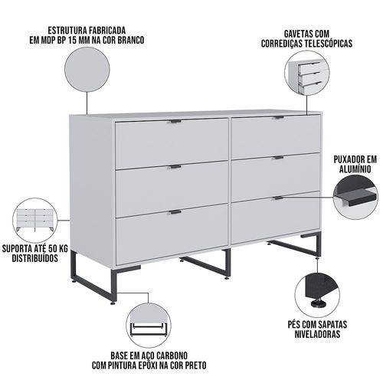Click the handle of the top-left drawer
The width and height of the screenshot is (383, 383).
[x=175, y=121]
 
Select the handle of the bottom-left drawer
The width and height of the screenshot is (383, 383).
[x=175, y=212]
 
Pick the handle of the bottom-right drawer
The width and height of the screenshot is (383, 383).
[x=278, y=198]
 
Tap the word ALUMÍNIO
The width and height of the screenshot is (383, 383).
[x=355, y=169]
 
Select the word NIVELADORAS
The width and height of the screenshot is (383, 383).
[x=318, y=334]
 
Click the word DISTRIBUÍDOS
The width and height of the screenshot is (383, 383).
[x=35, y=258]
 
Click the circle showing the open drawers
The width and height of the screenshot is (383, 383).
[x=307, y=73]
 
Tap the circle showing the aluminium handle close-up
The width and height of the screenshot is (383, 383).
[x=355, y=197]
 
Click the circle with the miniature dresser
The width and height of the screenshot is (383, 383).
[x=35, y=221]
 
